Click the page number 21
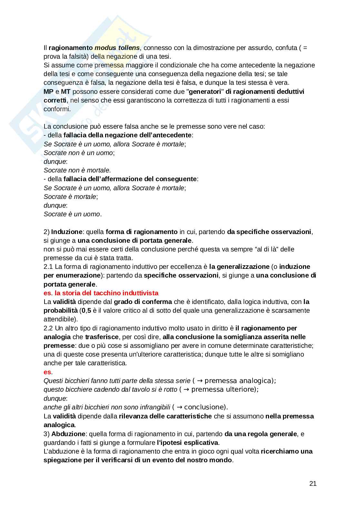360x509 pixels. coord(313,484)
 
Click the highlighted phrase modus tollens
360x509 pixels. coord(117,48)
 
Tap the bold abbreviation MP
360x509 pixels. coord(48,92)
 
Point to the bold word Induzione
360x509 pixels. coord(67,232)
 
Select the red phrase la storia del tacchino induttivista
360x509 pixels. coord(106,293)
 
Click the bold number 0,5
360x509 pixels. coord(85,310)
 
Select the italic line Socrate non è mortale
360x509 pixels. coord(77,170)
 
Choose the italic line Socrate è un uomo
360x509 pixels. coord(72,214)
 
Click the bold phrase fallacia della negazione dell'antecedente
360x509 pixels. coord(127,135)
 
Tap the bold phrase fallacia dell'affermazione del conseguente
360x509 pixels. coord(130,179)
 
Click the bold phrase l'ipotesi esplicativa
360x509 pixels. coord(187,443)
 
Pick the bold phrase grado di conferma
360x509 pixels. coord(143,302)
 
